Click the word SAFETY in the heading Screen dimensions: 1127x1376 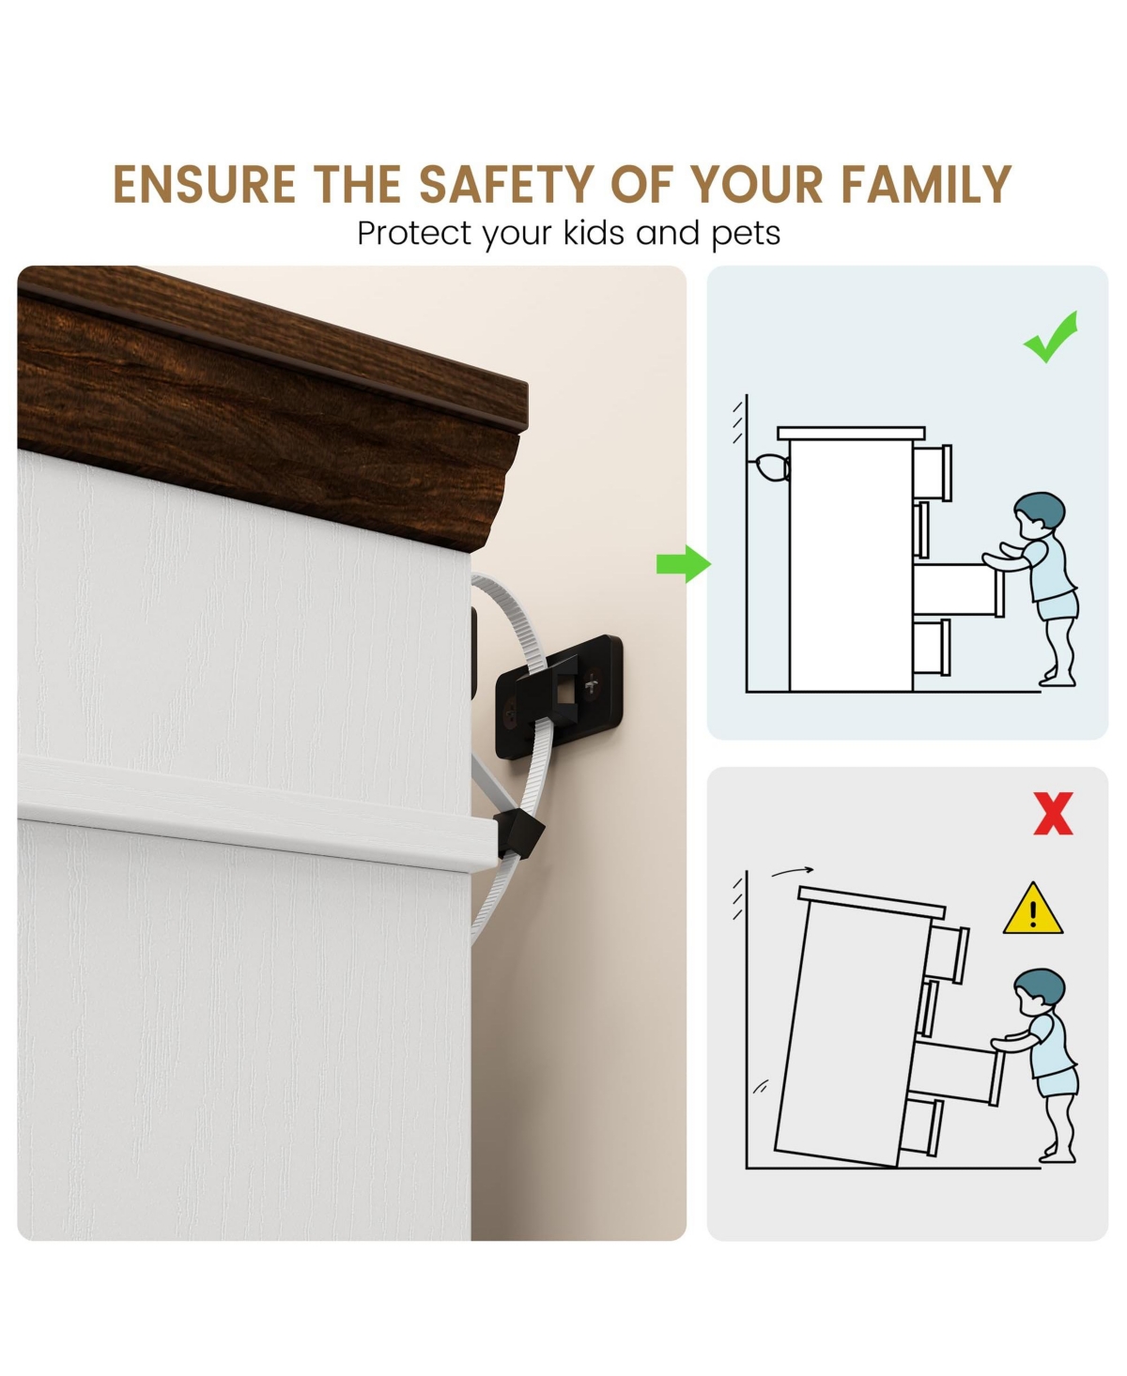click(x=506, y=185)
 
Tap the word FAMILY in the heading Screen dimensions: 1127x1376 click(x=926, y=185)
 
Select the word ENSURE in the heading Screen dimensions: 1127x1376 click(x=204, y=185)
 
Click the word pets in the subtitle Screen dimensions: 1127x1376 click(x=746, y=235)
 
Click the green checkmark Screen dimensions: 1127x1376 click(x=1051, y=337)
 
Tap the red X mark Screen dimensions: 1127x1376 click(x=1053, y=813)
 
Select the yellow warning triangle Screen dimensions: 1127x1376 click(x=1033, y=909)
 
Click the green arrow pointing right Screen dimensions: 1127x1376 click(x=683, y=564)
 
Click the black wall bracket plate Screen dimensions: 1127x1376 click(x=559, y=696)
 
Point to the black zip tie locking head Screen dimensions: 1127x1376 click(x=518, y=833)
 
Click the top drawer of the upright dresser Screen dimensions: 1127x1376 click(x=933, y=472)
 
